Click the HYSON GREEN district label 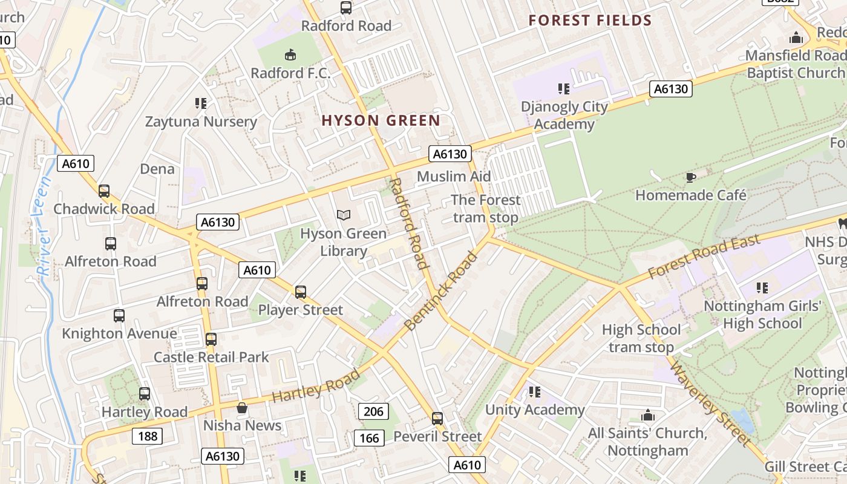click(381, 120)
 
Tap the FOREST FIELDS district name click(590, 21)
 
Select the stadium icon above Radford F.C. click(290, 55)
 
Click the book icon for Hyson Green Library click(343, 215)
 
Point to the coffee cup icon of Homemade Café click(690, 177)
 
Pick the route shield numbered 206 click(374, 412)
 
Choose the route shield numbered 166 click(369, 438)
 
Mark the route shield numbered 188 click(147, 436)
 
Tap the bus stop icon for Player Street click(301, 292)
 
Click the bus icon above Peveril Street click(437, 419)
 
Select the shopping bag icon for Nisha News click(242, 408)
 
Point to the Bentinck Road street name click(440, 292)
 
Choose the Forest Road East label click(704, 257)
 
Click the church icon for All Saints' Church click(648, 416)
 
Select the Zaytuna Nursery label click(201, 122)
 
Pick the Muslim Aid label click(454, 176)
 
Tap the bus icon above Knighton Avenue click(119, 316)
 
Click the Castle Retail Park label click(211, 357)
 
